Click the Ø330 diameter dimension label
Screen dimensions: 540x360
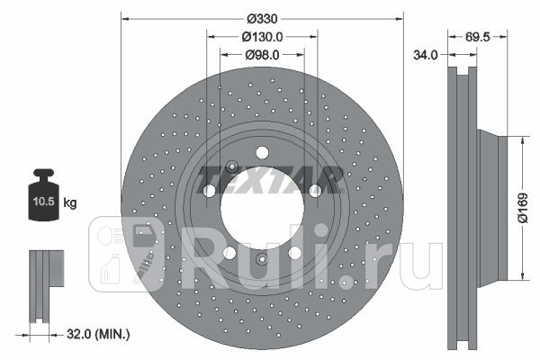pos(262,19)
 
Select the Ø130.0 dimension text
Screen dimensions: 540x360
pos(262,37)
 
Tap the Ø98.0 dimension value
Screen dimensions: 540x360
pos(262,55)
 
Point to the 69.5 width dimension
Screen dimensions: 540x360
pos(477,37)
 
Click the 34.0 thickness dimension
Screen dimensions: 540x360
pos(426,55)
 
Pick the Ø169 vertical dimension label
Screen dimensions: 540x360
pos(523,208)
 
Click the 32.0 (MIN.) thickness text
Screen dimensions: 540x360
pos(98,334)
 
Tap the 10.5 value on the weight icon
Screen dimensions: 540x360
pos(44,202)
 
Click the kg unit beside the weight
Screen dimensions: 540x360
pos(70,202)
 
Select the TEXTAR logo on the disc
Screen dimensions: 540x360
pos(270,180)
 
